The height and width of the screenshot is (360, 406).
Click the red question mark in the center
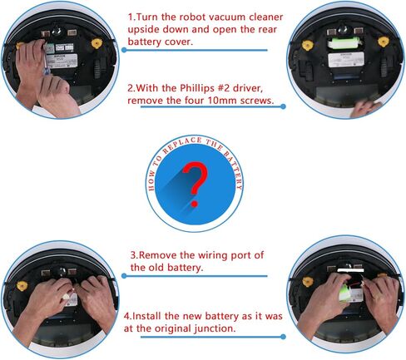(x=196, y=184)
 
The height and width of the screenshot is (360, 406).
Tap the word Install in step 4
(x=146, y=316)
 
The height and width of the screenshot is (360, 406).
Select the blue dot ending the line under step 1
(x=124, y=50)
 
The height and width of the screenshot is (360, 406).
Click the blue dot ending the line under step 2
(x=283, y=106)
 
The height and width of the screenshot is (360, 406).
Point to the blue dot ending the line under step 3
(x=124, y=276)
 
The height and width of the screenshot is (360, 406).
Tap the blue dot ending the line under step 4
(x=283, y=337)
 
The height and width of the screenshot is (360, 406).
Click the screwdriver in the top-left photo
(x=46, y=62)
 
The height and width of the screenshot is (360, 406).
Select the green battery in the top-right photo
(x=344, y=43)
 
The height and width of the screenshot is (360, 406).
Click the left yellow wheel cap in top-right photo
(x=307, y=45)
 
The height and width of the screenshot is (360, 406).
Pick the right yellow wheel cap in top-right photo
(x=383, y=42)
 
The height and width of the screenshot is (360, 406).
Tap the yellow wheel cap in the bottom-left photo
(x=22, y=286)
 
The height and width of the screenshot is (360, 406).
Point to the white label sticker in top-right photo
(x=346, y=59)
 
